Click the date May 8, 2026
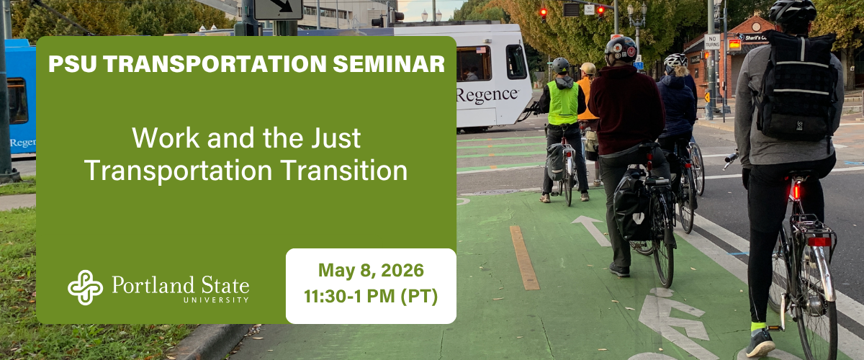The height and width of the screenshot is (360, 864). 371,271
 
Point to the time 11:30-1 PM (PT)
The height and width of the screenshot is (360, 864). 371,295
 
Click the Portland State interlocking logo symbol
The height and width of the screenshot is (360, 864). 85,287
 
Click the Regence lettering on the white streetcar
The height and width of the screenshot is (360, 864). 487,94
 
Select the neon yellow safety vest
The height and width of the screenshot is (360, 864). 562,103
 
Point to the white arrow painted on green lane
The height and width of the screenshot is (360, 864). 592,229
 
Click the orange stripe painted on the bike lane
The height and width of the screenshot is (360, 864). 524,256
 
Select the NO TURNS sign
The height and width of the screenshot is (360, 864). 711,42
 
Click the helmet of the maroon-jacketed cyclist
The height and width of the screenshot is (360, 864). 620,49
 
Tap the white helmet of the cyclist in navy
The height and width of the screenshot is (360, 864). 675,60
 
